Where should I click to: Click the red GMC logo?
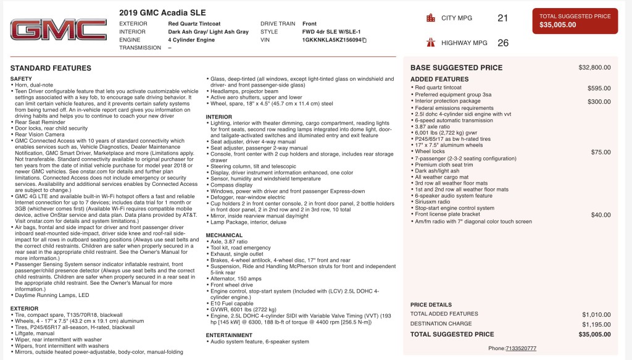coord(58,30)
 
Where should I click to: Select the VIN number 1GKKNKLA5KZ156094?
coord(331,40)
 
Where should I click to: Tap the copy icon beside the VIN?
coord(365,40)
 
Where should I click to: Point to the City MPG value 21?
coord(502,18)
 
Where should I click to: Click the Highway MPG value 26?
coord(502,43)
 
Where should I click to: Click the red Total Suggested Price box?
coord(575,21)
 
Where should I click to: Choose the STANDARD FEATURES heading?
coord(51,68)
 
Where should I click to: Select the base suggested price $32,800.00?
coord(594,67)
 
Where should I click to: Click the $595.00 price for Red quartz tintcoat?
coord(599,88)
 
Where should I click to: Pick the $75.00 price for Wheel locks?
coord(601,152)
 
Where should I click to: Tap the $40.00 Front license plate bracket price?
coord(601,215)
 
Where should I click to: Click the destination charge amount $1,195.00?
coord(596,324)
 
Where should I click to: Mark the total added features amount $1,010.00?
coord(596,314)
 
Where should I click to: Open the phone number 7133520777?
coord(521,348)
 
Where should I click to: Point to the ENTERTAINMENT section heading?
coord(229,335)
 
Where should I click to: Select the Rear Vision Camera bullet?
coord(39,135)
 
